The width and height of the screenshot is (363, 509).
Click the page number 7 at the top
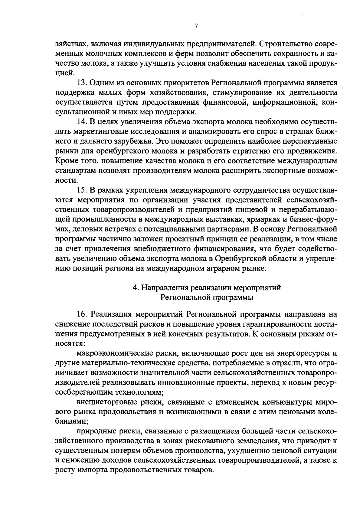tap(196, 26)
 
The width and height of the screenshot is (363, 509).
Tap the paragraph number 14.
tap(83, 122)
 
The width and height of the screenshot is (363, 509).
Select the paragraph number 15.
tap(83, 190)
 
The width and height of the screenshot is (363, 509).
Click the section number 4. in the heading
tap(136, 288)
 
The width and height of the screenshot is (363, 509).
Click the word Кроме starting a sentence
tap(66, 161)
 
